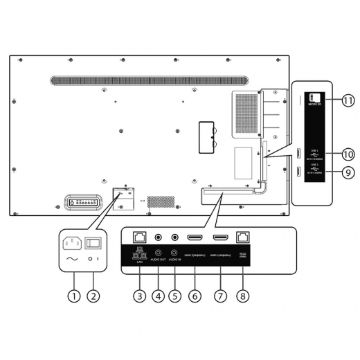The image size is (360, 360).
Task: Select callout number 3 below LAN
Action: (140, 296)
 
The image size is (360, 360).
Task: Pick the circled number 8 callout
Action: (242, 296)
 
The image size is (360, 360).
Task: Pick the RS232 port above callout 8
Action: (243, 236)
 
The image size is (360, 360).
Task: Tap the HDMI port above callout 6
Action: (195, 237)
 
